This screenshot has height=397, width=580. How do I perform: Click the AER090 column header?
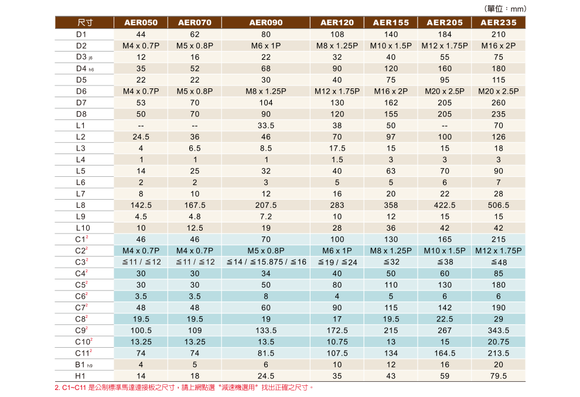coord(266,23)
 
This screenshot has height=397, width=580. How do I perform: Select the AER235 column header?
coord(499,23)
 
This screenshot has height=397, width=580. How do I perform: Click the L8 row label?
coord(81,206)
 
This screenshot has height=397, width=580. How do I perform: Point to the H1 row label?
coord(81,376)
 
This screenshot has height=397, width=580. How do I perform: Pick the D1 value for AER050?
coord(141,35)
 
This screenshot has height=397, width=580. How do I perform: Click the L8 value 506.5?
coord(499,206)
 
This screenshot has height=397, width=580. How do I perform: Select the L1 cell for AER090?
coord(266,125)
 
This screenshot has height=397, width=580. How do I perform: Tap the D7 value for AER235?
coord(499,102)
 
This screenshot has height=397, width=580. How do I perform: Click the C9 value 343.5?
coord(499,331)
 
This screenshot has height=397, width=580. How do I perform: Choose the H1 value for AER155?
coord(391,376)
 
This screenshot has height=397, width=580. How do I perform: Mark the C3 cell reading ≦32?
coord(391,262)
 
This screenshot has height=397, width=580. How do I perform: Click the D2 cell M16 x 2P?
coord(499,46)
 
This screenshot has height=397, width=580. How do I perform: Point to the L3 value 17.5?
coord(337,148)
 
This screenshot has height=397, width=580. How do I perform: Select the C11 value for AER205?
coord(445,353)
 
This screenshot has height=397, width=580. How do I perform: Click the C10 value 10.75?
coord(337,342)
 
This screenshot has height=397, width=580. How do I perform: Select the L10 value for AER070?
coord(195,228)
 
